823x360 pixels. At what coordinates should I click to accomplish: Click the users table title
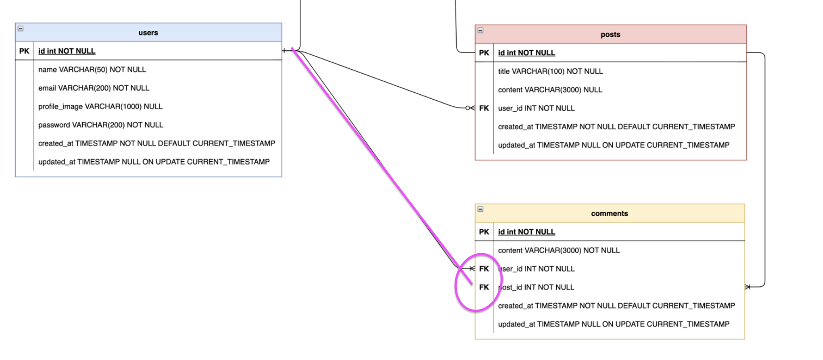click(x=148, y=33)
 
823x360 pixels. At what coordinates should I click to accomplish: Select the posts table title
click(x=610, y=34)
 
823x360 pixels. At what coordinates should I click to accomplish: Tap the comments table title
click(x=609, y=213)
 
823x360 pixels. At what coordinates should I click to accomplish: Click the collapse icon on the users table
click(x=21, y=29)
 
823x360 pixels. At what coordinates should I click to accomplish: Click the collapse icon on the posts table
click(x=480, y=30)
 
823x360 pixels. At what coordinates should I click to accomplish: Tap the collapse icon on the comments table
click(x=480, y=209)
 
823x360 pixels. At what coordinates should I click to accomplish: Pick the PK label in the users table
click(x=24, y=51)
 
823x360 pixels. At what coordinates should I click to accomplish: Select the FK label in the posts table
click(x=484, y=108)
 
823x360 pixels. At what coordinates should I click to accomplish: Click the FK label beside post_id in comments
click(x=484, y=287)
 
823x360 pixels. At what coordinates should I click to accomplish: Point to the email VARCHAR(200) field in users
click(x=94, y=88)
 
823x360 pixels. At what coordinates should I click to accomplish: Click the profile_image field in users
click(x=100, y=106)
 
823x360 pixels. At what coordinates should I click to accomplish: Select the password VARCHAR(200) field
click(x=100, y=125)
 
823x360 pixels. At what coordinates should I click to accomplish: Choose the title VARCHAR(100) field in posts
click(x=550, y=71)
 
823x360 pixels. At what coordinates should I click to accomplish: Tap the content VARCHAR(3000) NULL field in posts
click(x=550, y=90)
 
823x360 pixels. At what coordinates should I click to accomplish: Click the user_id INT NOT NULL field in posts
click(x=536, y=108)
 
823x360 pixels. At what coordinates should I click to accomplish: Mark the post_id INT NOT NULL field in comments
click(x=536, y=287)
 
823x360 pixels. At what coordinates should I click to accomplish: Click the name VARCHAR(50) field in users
click(x=92, y=70)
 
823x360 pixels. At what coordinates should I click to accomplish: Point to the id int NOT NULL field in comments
click(x=526, y=232)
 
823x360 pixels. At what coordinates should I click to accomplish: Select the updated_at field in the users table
click(x=154, y=162)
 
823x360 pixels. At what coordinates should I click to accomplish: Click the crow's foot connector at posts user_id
click(x=470, y=108)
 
